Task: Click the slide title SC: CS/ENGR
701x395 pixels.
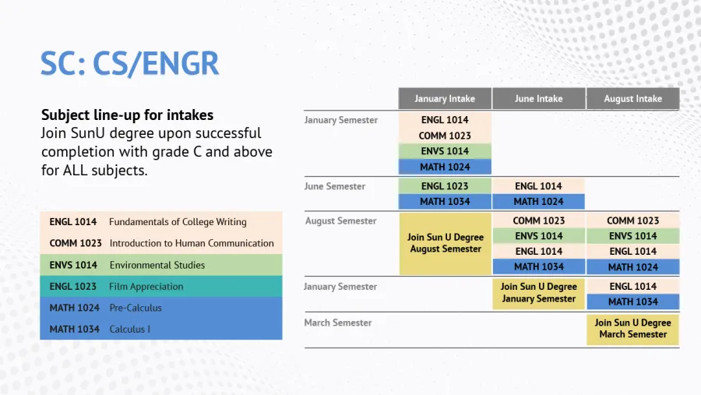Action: (129, 64)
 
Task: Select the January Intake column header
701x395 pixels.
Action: (445, 98)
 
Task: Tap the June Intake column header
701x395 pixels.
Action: (539, 98)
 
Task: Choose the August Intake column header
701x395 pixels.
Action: (633, 98)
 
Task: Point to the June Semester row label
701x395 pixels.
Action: (335, 186)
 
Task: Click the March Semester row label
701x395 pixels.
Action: (338, 323)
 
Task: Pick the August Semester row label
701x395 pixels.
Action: (340, 220)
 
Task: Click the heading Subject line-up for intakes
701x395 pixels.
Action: (128, 115)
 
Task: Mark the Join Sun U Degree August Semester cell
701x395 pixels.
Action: (446, 243)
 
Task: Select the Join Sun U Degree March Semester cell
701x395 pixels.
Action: (632, 329)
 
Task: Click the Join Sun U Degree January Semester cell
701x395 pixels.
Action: (539, 293)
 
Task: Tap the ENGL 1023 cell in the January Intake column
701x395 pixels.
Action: (445, 186)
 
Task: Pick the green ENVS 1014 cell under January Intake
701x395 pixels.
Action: (445, 151)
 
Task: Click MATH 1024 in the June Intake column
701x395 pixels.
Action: (538, 202)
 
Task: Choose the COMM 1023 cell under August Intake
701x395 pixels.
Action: (633, 220)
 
